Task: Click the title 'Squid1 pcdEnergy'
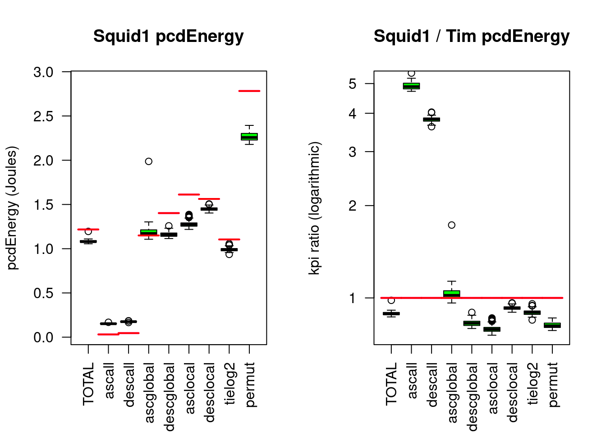click(x=168, y=36)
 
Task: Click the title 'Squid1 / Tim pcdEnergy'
click(x=471, y=36)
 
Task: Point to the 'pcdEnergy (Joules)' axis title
click(x=13, y=208)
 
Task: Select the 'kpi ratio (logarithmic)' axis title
click(x=314, y=208)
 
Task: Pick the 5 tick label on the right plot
click(x=353, y=84)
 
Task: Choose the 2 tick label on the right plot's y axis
click(x=353, y=206)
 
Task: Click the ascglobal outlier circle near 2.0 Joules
click(x=149, y=161)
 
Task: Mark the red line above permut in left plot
click(x=249, y=91)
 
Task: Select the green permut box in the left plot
click(x=249, y=137)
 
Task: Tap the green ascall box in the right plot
click(x=411, y=86)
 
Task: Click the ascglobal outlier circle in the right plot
click(x=452, y=225)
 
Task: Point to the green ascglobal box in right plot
click(x=452, y=294)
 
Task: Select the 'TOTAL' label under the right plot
click(x=391, y=383)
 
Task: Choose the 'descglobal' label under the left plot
click(x=170, y=396)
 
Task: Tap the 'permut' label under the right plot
click(x=553, y=384)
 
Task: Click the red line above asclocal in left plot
click(x=189, y=194)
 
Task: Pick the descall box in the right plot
click(x=432, y=120)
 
